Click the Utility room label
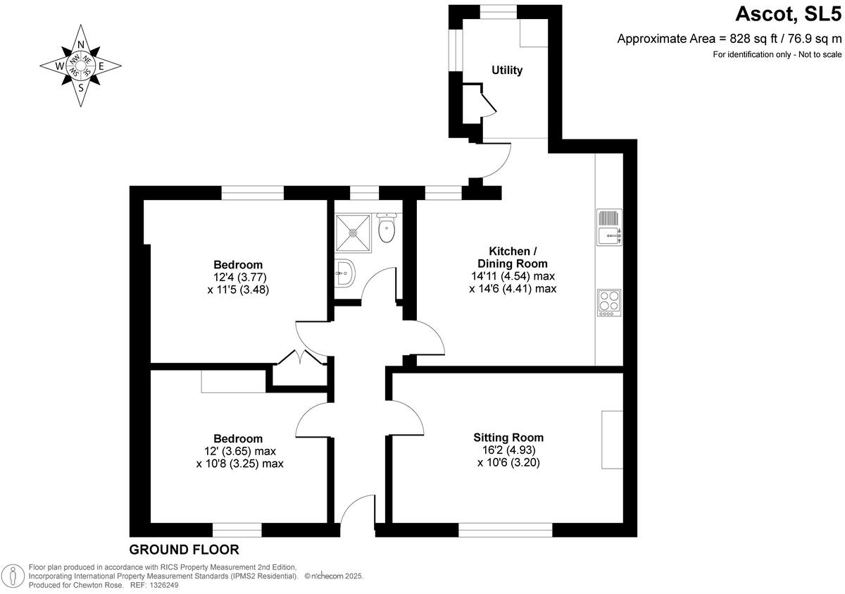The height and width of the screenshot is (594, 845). pyautogui.click(x=507, y=70)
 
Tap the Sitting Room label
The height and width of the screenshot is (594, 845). pyautogui.click(x=508, y=438)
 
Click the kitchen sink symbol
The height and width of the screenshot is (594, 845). pyautogui.click(x=609, y=228)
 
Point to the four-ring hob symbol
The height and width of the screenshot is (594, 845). pyautogui.click(x=609, y=302)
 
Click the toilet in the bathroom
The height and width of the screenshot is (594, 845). pyautogui.click(x=386, y=228)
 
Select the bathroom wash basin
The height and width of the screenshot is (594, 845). pyautogui.click(x=345, y=272)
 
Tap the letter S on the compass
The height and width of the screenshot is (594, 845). pyautogui.click(x=81, y=88)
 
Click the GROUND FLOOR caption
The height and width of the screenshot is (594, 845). pyautogui.click(x=184, y=550)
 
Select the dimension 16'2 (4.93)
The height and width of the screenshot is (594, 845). pyautogui.click(x=508, y=450)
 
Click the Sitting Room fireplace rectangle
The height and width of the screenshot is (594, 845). pyautogui.click(x=612, y=439)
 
